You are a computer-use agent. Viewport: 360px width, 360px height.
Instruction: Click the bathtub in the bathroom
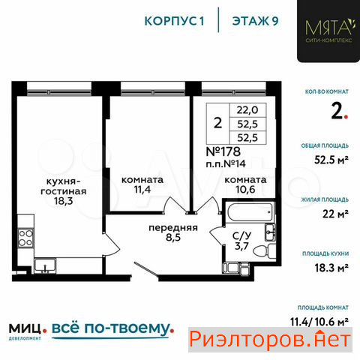[x=250, y=212]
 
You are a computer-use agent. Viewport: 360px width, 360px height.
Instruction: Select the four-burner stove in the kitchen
[x=25, y=238]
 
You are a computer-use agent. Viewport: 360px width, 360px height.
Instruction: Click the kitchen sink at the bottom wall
[x=45, y=265]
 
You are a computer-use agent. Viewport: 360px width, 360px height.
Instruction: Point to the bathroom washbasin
[x=270, y=232]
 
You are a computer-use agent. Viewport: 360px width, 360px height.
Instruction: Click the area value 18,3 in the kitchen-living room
[x=64, y=200]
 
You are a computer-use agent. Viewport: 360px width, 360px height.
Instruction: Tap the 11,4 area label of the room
[x=142, y=189]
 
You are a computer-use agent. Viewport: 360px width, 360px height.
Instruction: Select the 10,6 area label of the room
[x=245, y=189]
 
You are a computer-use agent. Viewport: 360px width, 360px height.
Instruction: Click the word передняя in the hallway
[x=173, y=228]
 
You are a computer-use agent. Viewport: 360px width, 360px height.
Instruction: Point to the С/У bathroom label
[x=241, y=235]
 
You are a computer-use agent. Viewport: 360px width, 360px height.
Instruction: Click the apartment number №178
[x=223, y=151]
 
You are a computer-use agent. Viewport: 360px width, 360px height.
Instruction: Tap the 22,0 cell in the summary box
[x=247, y=110]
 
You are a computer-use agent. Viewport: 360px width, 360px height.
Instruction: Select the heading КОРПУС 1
[x=174, y=21]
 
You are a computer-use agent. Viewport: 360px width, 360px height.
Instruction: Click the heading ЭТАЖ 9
[x=255, y=21]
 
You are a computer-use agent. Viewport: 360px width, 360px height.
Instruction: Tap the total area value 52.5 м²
[x=331, y=160]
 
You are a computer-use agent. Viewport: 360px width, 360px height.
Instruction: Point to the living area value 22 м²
[x=335, y=214]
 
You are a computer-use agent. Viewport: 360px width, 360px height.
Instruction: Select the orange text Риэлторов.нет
[x=270, y=340]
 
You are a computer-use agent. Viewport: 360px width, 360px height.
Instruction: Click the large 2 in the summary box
[x=217, y=123]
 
